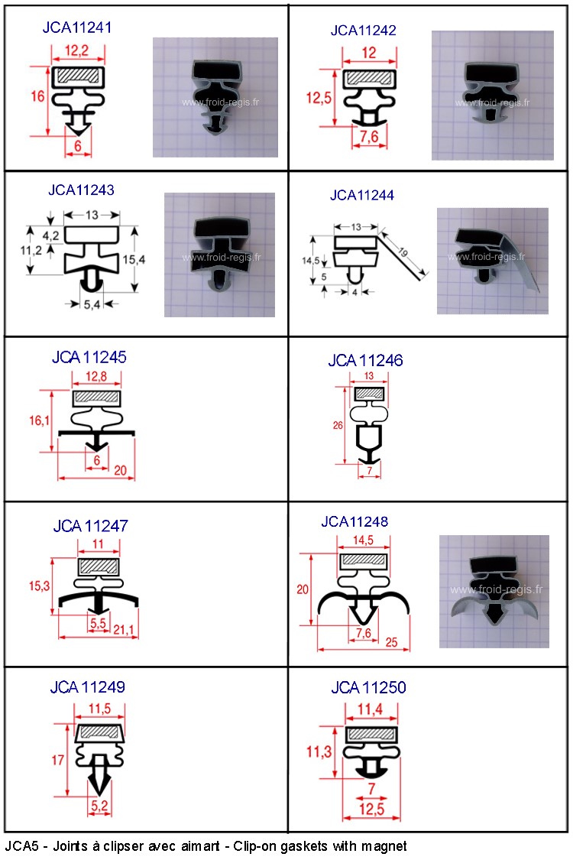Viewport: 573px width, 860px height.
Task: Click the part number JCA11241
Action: pyautogui.click(x=77, y=28)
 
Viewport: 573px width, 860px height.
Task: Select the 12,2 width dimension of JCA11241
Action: pyautogui.click(x=76, y=51)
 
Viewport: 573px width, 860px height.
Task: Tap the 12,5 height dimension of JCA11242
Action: pyautogui.click(x=319, y=98)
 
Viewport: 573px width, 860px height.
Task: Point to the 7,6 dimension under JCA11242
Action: pyautogui.click(x=369, y=136)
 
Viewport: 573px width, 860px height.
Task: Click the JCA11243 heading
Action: pyautogui.click(x=81, y=190)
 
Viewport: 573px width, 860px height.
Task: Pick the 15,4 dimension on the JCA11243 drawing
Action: pyautogui.click(x=134, y=259)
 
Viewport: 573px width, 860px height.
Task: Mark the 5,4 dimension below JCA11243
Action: pyautogui.click(x=92, y=303)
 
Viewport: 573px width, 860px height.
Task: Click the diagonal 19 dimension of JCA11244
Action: pyautogui.click(x=403, y=252)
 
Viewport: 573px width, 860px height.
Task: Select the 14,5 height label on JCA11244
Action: pyautogui.click(x=310, y=261)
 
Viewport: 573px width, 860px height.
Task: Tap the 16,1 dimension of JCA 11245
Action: pyautogui.click(x=39, y=420)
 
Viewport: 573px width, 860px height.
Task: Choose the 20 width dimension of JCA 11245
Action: pyautogui.click(x=120, y=470)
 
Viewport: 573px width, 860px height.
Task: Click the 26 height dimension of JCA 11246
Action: pyautogui.click(x=338, y=425)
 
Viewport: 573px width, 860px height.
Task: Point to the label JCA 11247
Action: pyautogui.click(x=90, y=526)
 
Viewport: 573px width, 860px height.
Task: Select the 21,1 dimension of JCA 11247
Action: pyautogui.click(x=124, y=630)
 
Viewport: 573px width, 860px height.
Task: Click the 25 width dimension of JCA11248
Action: pyautogui.click(x=391, y=641)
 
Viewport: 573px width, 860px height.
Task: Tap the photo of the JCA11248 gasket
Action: pyautogui.click(x=494, y=591)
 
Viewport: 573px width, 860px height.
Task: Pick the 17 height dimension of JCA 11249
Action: pyautogui.click(x=58, y=760)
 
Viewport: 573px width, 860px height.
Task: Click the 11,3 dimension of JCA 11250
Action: pyautogui.click(x=319, y=751)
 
